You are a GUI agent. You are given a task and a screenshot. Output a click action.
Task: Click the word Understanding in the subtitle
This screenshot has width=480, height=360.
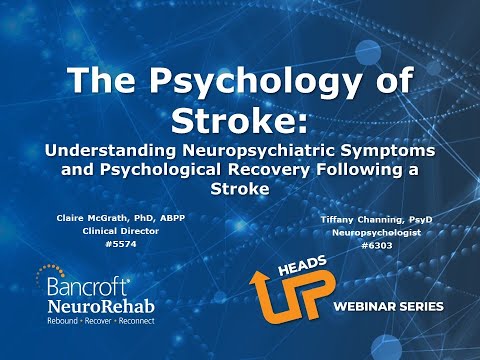coord(138,150)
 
